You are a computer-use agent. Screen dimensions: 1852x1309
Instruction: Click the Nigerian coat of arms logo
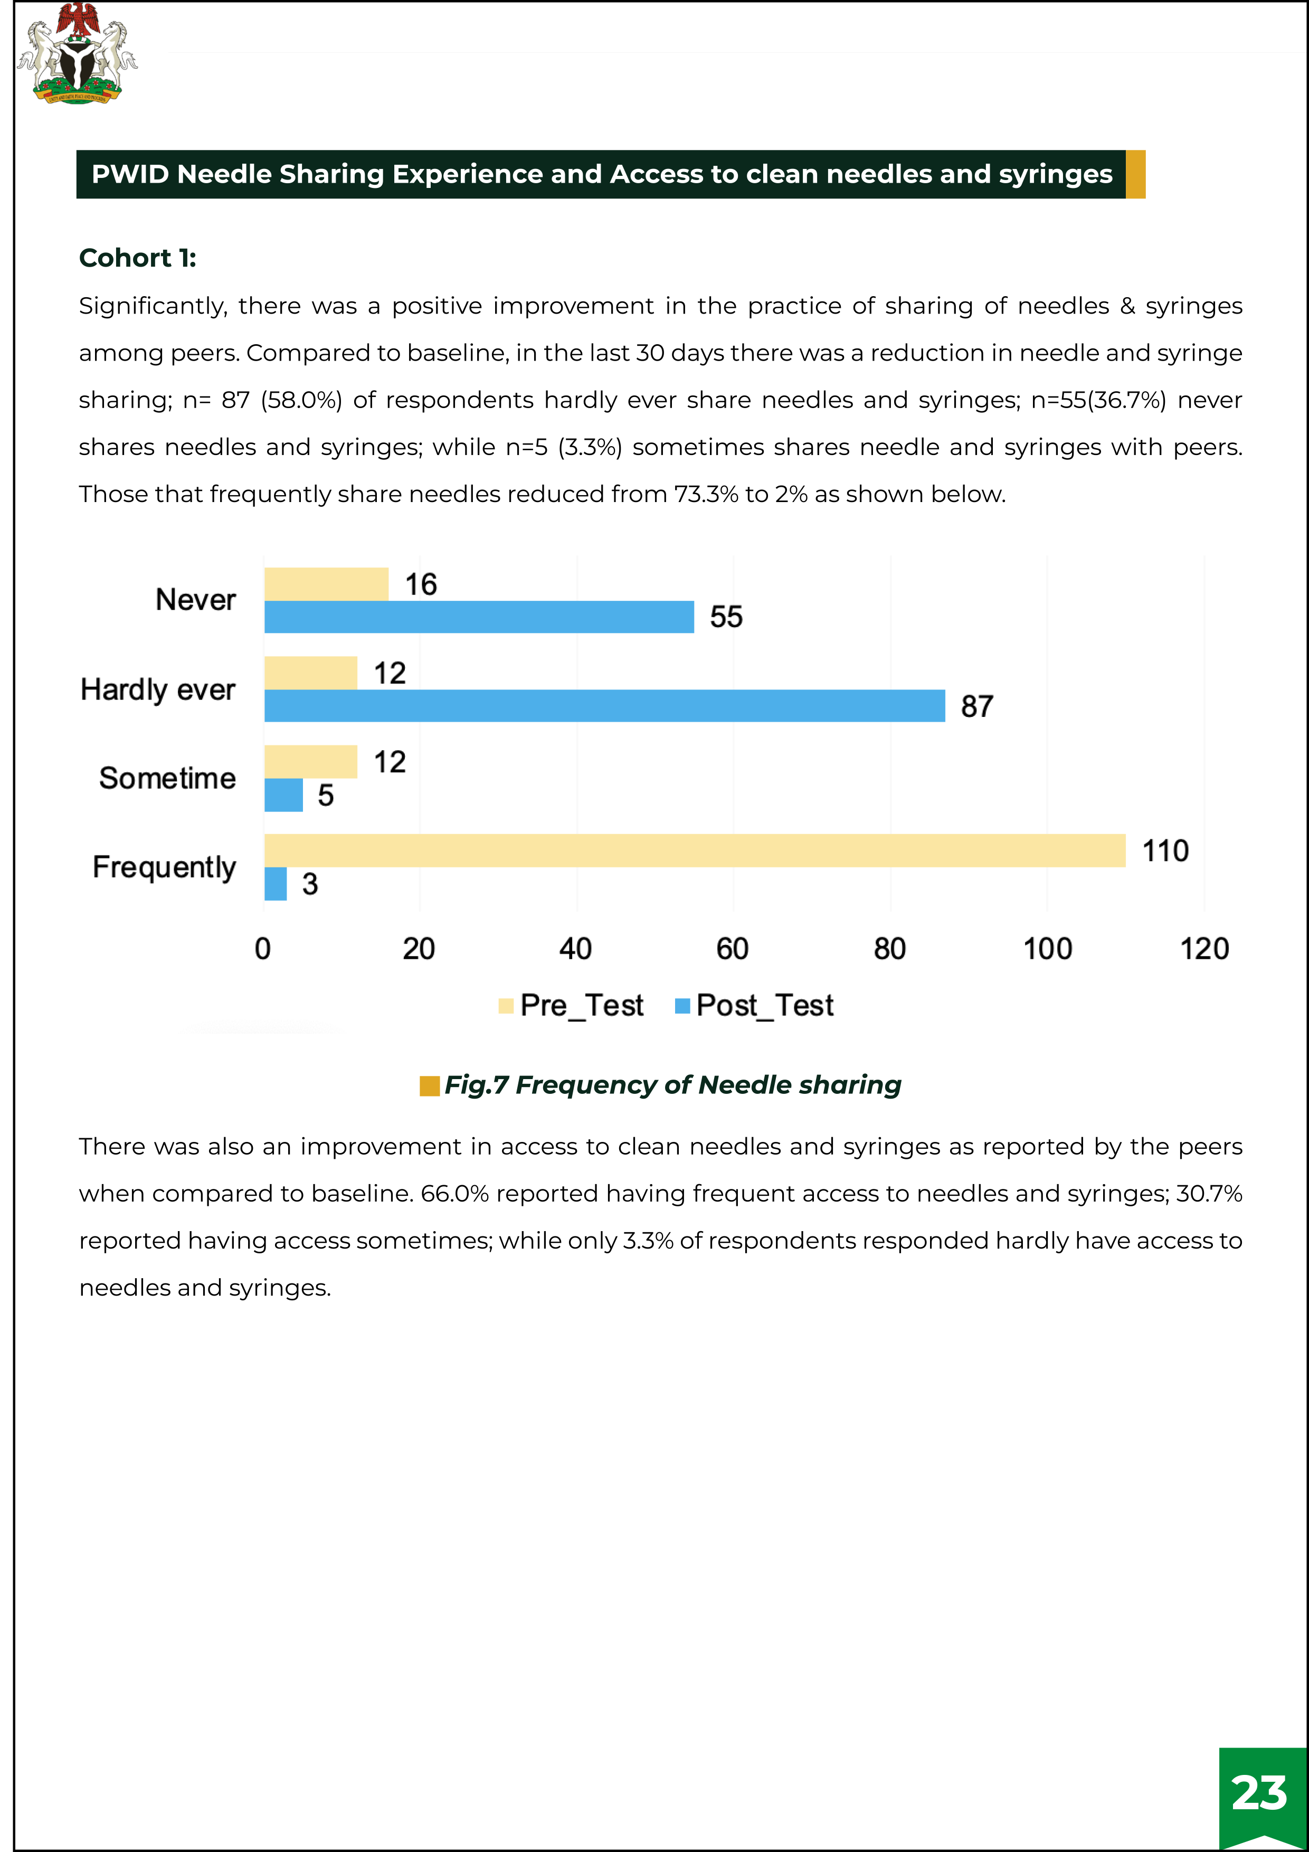coord(78,53)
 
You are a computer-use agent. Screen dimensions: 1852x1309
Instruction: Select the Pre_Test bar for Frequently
coord(694,850)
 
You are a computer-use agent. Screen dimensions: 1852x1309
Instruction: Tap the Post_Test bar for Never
coord(479,617)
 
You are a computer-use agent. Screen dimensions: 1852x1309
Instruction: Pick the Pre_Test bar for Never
coord(326,584)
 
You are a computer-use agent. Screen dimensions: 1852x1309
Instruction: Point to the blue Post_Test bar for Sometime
coord(283,795)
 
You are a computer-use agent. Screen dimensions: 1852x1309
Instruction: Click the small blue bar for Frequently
coord(275,884)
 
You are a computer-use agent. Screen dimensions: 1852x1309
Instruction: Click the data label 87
coord(976,706)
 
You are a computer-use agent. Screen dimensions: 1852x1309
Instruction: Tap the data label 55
coord(726,617)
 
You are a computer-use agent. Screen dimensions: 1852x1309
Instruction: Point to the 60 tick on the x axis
coord(732,949)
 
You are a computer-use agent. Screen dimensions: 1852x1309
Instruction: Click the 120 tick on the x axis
coord(1204,949)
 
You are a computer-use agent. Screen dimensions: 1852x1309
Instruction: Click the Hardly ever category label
coord(158,689)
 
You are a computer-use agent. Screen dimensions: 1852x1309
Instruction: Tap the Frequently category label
coord(165,867)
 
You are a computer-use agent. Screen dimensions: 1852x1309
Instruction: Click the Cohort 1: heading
coord(138,258)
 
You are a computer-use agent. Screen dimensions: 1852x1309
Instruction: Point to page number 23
coord(1259,1793)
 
